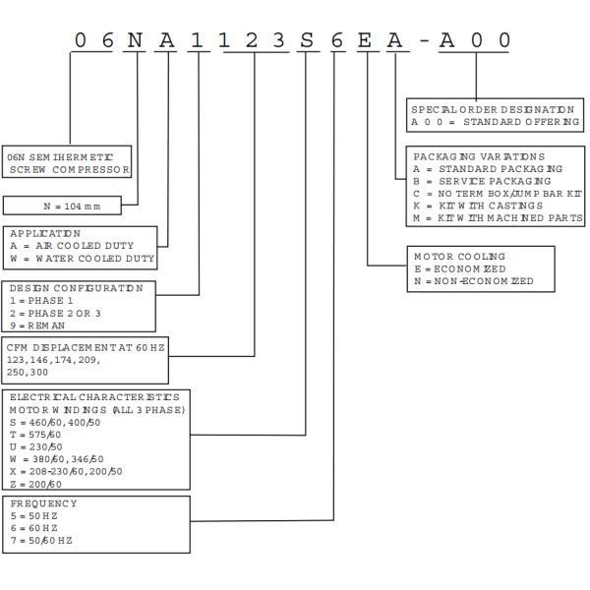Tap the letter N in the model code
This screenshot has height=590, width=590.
137,40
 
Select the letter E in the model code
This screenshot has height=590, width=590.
365,40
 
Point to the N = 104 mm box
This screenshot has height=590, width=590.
63,206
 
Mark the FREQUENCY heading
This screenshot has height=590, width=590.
43,504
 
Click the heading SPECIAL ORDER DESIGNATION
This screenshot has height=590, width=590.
493,109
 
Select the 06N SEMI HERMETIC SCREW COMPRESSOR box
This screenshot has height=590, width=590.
68,162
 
